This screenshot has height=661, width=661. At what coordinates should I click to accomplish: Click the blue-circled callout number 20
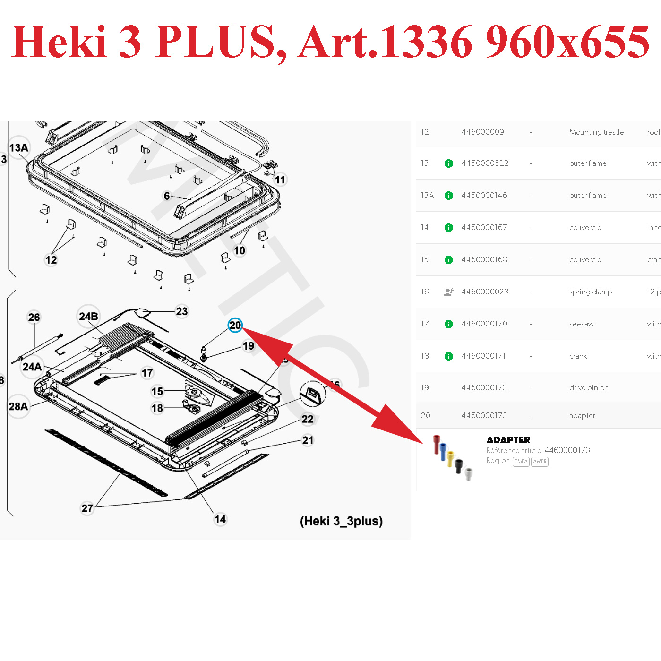[235, 325]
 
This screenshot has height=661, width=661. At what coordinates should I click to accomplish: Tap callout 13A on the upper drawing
[19, 148]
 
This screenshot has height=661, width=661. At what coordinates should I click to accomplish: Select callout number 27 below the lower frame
[87, 508]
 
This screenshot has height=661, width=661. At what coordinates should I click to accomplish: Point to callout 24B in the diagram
[89, 317]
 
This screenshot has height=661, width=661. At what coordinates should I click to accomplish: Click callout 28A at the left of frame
[18, 406]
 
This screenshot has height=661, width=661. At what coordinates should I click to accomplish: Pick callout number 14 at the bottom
[220, 519]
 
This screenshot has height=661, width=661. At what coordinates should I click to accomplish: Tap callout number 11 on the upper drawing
[280, 180]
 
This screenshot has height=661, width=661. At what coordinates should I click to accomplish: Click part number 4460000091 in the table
[484, 132]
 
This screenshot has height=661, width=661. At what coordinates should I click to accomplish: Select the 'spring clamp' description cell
[590, 292]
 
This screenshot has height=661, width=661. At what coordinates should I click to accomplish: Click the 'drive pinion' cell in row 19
[589, 388]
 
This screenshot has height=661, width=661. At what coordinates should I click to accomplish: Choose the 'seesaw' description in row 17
[581, 324]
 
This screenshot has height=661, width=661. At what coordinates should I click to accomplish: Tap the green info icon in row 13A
[449, 196]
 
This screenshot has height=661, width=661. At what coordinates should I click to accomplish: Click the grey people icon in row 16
[449, 292]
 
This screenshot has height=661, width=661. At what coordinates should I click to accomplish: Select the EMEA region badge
[521, 462]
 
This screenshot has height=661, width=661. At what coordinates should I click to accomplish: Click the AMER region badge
[540, 462]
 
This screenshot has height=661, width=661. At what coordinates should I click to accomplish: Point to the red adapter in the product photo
[437, 444]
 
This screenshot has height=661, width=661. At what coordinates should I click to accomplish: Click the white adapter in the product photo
[468, 473]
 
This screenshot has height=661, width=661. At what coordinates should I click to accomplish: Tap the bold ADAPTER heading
[508, 440]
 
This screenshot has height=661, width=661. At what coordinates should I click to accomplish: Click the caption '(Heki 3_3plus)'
[341, 521]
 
